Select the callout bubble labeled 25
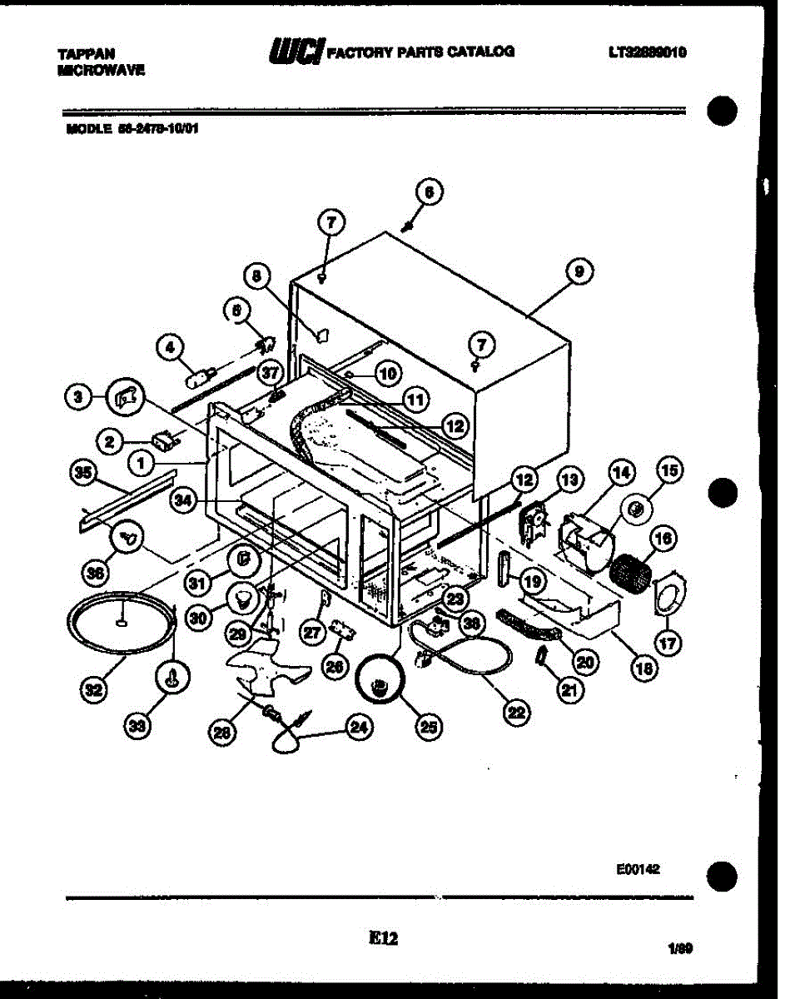tap(427, 728)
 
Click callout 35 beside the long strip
tap(82, 474)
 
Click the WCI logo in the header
tap(296, 52)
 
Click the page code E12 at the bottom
tap(383, 938)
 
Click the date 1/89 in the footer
tap(679, 947)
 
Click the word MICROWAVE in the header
tap(102, 72)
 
